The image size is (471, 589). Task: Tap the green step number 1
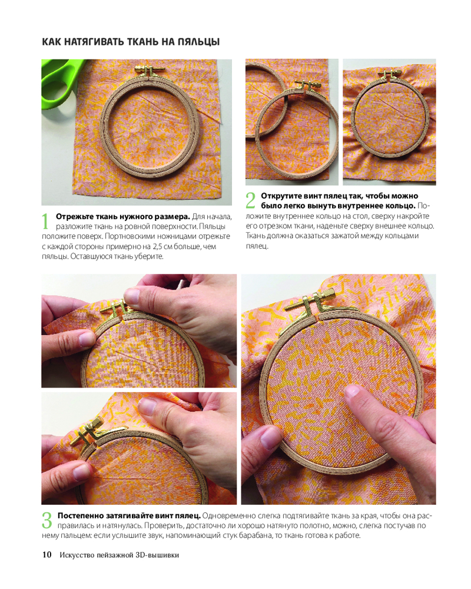pos(45,221)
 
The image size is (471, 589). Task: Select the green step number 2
pos(250,200)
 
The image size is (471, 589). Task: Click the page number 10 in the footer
pos(47,555)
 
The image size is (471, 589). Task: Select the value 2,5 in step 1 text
pos(159,247)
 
